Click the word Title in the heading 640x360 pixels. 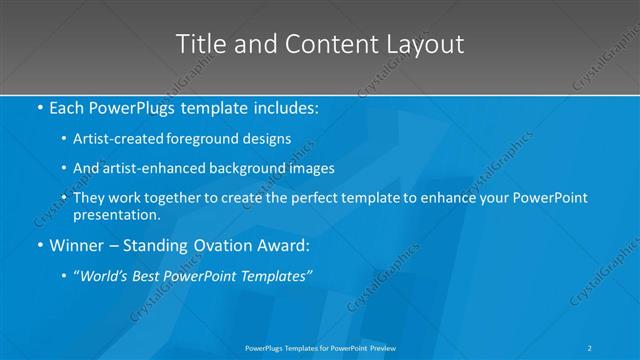point(198,44)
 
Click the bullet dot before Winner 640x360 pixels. point(39,244)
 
